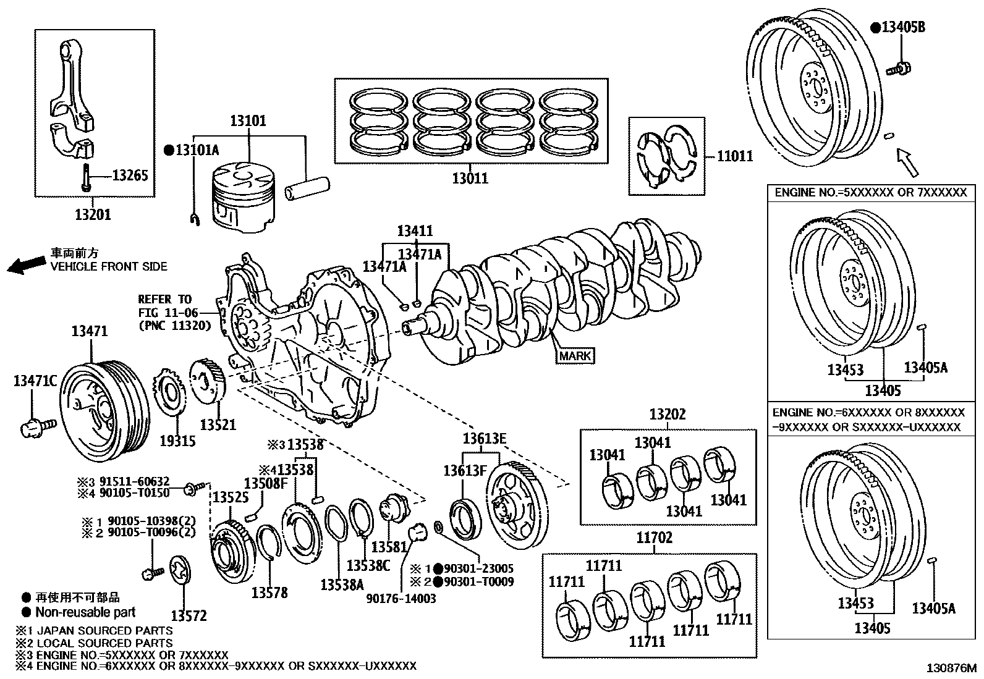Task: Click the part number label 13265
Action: point(130,176)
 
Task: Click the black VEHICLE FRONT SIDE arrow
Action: point(26,265)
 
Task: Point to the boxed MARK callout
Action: point(575,356)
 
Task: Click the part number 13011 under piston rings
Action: point(470,179)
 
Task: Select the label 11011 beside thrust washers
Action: point(734,156)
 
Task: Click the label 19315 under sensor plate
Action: point(177,441)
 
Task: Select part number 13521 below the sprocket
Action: point(218,425)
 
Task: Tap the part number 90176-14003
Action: point(401,598)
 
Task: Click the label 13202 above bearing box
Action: point(668,415)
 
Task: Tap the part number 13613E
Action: point(485,439)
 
